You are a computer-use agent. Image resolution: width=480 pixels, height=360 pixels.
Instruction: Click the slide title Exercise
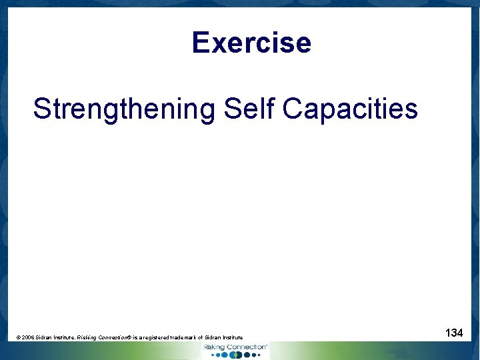click(251, 43)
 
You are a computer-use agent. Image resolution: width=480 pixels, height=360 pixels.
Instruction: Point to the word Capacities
click(350, 109)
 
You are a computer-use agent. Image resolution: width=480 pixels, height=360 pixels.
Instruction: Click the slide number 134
click(454, 332)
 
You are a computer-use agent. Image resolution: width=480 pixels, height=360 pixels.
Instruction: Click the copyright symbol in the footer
click(19, 338)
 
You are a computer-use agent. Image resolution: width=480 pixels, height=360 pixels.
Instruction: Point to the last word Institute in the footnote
click(231, 338)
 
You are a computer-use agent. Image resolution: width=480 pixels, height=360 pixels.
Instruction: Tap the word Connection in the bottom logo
click(245, 347)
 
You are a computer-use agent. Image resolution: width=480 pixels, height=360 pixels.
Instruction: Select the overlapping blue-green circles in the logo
click(235, 355)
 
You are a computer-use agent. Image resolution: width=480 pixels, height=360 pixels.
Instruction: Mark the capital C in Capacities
click(292, 109)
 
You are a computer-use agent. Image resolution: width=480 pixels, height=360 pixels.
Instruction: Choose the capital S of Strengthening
click(42, 109)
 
